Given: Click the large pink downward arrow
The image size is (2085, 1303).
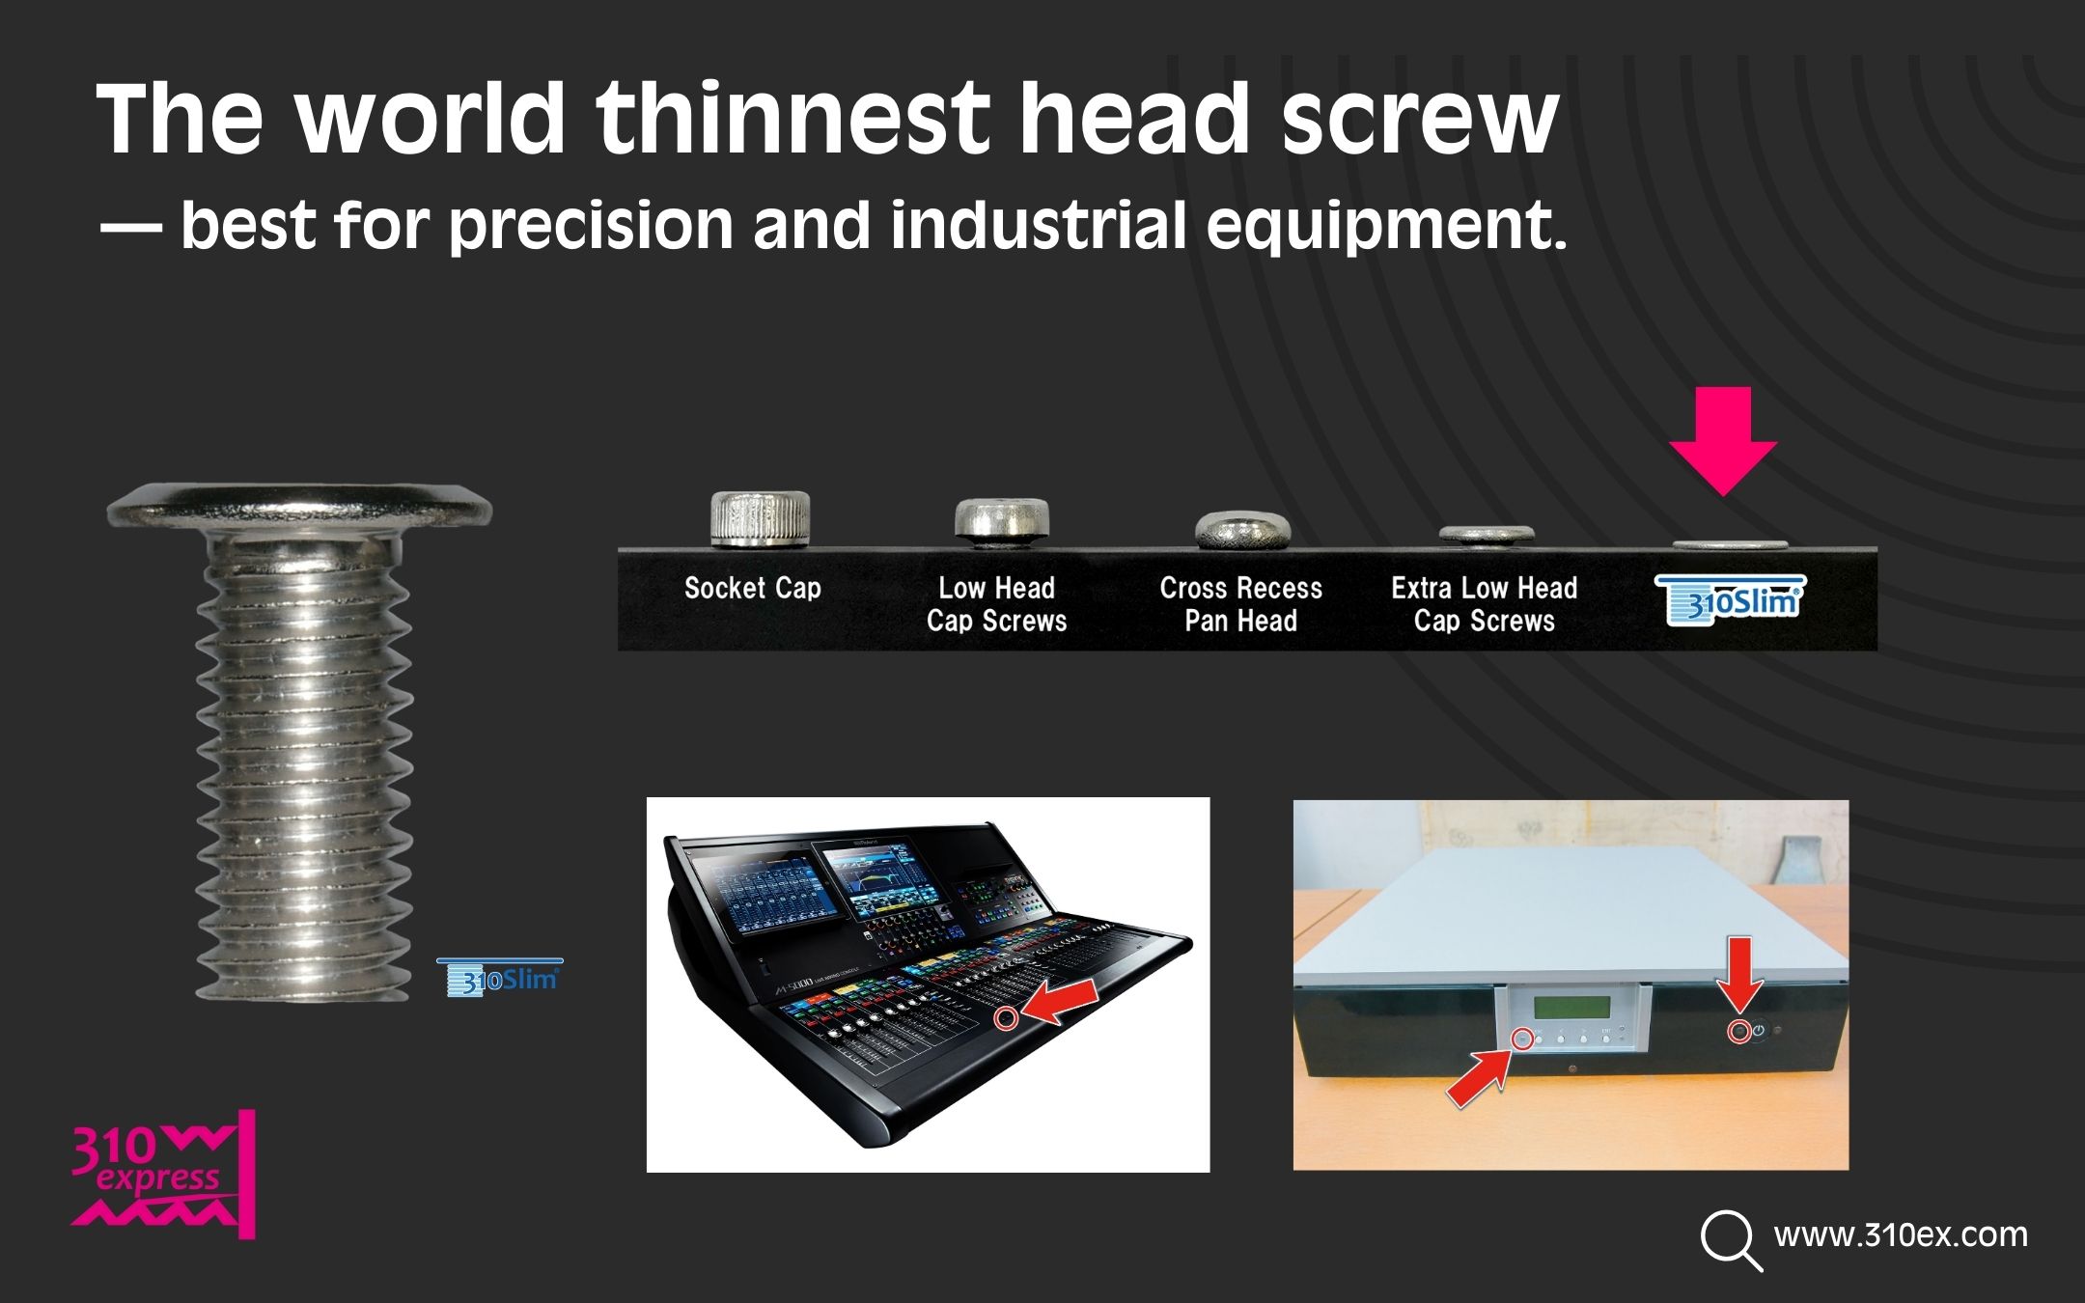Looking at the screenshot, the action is point(1723,441).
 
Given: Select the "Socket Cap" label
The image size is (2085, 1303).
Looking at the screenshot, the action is point(753,588).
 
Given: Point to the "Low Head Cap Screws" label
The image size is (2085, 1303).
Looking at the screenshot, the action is point(997,604).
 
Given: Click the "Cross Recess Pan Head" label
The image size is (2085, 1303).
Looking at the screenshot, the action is point(1240,604).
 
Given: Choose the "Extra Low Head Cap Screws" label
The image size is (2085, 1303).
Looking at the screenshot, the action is point(1485,604).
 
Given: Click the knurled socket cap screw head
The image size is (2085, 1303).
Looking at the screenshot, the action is point(760,518).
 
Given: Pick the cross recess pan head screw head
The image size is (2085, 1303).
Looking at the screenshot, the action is point(1242,530).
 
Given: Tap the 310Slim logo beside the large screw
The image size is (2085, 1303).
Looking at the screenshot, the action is point(500,977).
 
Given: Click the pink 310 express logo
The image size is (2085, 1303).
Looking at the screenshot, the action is point(163,1175).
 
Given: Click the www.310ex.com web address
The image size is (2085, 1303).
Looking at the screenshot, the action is point(1901,1234).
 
